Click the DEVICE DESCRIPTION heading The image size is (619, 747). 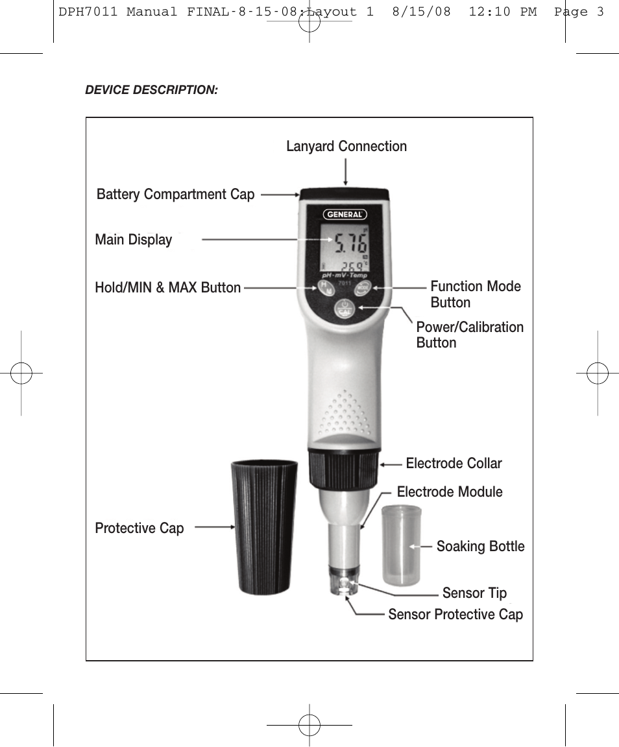coord(151,90)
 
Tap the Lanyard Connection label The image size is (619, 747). coord(346,147)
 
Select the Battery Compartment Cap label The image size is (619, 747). coord(175,195)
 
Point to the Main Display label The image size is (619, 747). coord(134,240)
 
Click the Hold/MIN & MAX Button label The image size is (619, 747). coord(168,288)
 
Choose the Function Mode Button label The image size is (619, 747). coord(476,294)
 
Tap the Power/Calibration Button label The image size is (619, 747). coord(470,335)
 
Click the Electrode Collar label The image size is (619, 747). coord(454,463)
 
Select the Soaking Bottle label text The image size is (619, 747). coord(480,547)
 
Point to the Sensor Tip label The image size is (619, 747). coord(474,593)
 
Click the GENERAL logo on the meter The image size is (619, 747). coord(345,215)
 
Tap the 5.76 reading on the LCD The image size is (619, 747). coord(350,243)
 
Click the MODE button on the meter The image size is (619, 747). coord(363,288)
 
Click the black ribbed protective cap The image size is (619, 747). coord(264,527)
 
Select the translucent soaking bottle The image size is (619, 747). coord(401,545)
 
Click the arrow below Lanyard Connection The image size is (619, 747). coord(345,172)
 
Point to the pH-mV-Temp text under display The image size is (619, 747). coord(345,276)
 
